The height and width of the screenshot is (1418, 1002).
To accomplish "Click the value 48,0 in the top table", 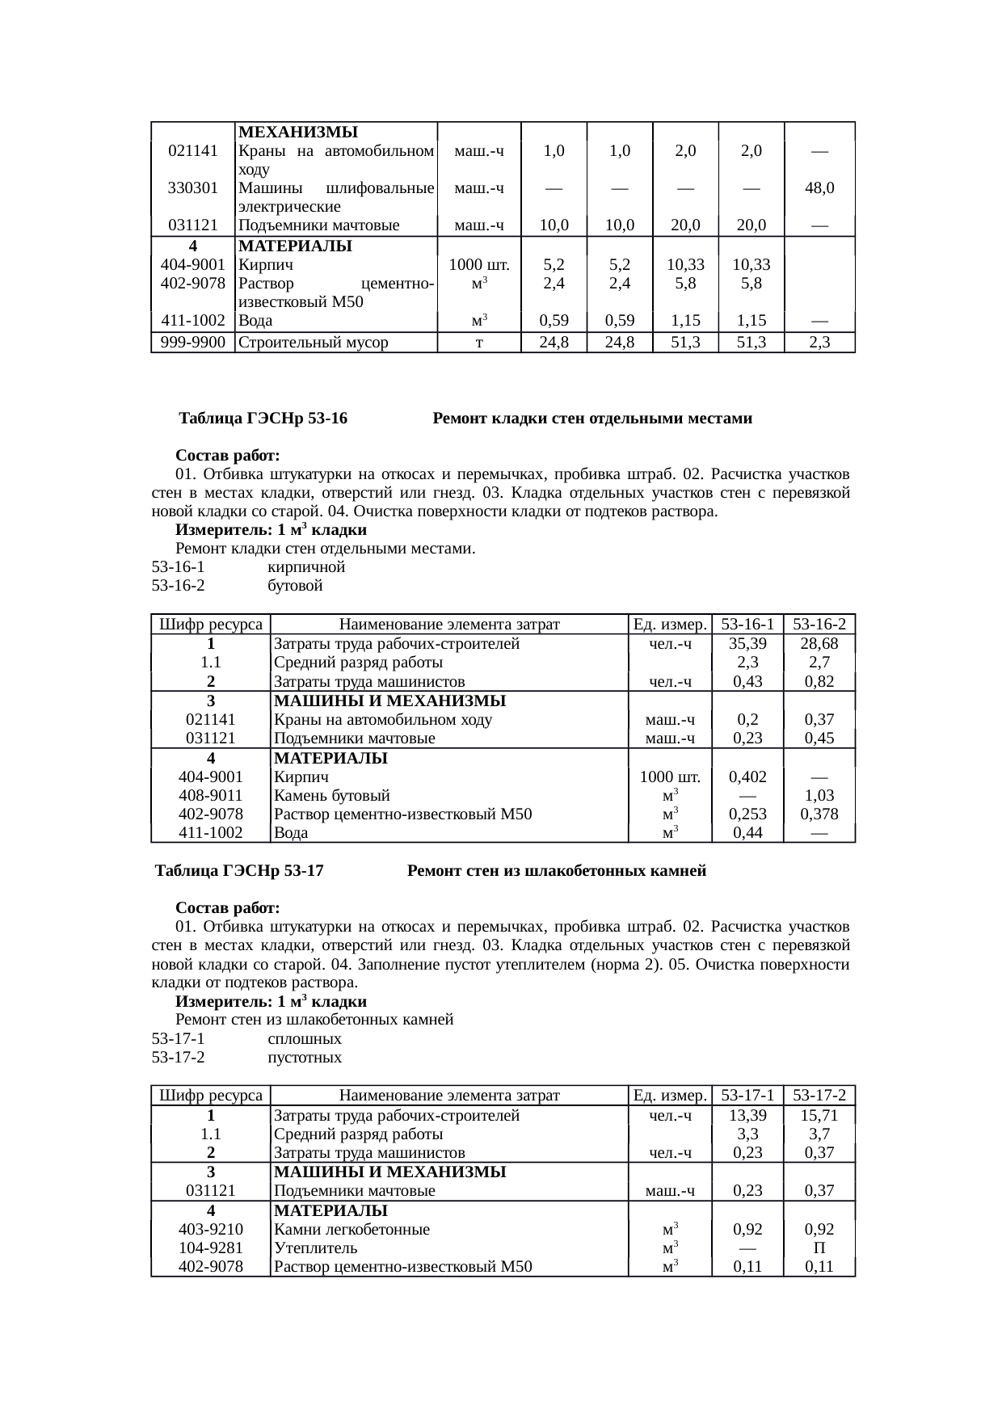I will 819,188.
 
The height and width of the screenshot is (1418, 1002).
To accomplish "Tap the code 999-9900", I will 192,342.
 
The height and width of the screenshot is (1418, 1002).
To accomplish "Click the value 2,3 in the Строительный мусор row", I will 819,342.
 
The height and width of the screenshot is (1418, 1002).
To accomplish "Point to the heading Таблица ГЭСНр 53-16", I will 263,419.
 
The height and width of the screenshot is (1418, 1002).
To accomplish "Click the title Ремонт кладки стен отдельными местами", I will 592,419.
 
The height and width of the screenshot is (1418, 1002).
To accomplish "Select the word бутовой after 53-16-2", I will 295,586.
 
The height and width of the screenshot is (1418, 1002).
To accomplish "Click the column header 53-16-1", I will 747,624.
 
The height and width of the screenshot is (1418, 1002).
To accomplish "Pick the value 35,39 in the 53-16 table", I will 747,644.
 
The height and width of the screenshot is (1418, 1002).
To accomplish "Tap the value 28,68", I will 819,644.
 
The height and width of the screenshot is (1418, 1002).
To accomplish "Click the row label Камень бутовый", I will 332,795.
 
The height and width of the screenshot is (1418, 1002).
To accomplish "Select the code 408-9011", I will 210,795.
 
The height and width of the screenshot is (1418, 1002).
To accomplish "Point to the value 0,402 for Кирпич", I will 747,776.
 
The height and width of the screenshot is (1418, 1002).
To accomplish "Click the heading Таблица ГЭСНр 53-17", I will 239,871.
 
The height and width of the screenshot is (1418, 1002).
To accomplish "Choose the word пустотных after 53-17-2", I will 305,1058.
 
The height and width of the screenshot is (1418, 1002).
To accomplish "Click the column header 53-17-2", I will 819,1096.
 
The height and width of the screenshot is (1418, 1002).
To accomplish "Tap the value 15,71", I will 819,1116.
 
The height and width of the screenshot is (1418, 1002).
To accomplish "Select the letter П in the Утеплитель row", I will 819,1248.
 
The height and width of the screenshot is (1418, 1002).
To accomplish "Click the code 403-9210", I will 210,1230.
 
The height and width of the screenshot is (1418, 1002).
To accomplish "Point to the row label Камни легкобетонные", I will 352,1230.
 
